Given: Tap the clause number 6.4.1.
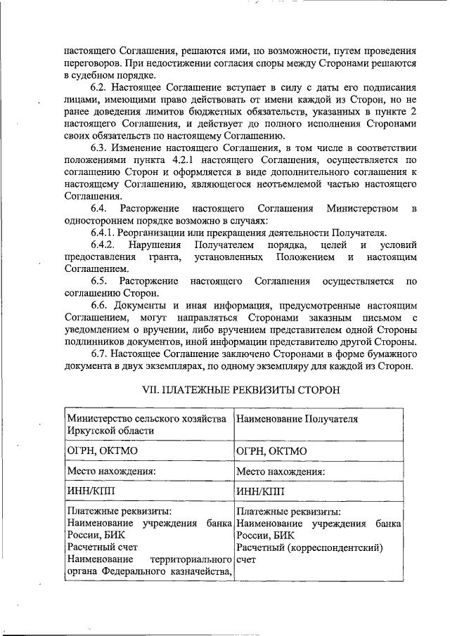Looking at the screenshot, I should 105,233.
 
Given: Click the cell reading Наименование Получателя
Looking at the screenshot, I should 297,420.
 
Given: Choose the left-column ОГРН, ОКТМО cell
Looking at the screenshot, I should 98,451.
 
